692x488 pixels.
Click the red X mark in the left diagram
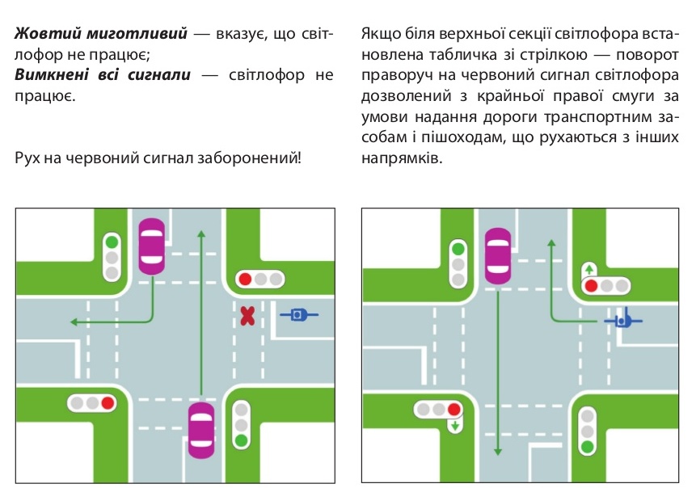(247, 315)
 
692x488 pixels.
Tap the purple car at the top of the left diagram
(152, 246)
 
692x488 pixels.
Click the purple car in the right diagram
(498, 255)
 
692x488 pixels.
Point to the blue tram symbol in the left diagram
(298, 313)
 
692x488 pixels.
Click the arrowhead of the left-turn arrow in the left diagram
(73, 322)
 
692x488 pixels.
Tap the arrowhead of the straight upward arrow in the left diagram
(201, 233)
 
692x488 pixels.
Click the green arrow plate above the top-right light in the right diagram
(589, 268)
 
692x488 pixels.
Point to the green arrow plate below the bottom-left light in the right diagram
(455, 424)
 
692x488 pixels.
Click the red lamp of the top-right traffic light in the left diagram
(244, 280)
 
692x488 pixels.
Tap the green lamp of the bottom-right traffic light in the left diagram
(240, 441)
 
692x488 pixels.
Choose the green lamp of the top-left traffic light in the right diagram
(459, 250)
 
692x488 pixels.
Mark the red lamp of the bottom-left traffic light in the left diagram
(108, 402)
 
